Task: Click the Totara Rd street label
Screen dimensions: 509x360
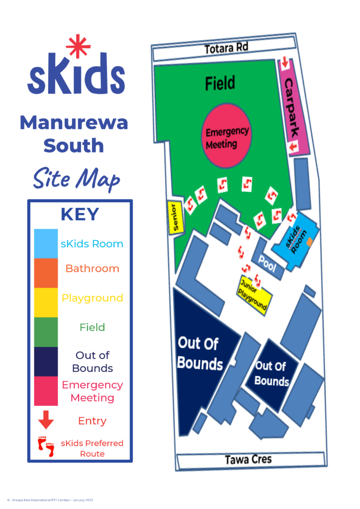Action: [226, 48]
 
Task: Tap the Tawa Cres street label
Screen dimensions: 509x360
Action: [248, 459]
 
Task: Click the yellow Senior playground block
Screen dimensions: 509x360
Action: [176, 217]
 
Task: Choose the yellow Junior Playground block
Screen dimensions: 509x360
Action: [255, 293]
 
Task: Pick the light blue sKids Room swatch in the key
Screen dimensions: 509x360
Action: [46, 244]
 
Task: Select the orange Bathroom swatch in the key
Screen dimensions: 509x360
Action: [46, 273]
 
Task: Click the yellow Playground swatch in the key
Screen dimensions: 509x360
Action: [46, 302]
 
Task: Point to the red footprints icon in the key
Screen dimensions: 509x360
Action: [46, 447]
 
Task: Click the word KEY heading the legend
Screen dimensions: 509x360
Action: [80, 214]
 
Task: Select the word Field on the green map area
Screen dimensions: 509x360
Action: [220, 84]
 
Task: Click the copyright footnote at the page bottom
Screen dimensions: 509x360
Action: [50, 500]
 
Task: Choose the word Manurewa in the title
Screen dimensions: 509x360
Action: [74, 122]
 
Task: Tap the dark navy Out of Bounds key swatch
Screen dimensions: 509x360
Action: [46, 361]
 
